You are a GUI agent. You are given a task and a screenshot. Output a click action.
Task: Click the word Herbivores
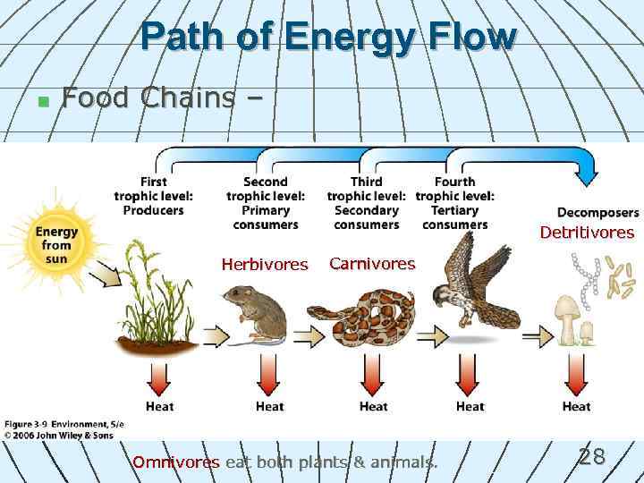(264, 265)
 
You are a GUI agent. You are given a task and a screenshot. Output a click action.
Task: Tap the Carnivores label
(372, 263)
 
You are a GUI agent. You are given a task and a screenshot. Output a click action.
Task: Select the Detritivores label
(587, 233)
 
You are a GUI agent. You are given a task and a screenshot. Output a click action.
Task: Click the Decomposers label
(597, 213)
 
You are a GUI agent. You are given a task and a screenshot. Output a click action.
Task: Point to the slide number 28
(591, 457)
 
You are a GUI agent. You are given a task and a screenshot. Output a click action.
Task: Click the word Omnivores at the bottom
(176, 462)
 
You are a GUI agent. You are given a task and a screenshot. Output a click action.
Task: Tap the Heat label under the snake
(373, 406)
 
